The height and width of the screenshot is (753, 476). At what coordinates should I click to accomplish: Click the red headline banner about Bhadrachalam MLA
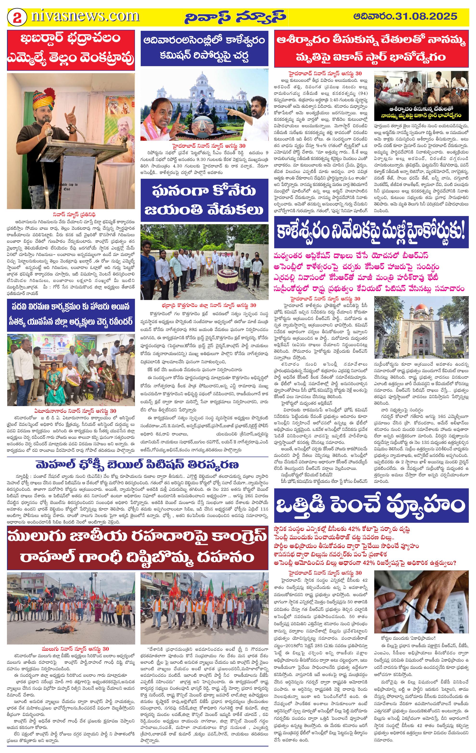[71, 50]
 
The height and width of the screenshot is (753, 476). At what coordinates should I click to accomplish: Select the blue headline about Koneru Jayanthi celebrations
[204, 200]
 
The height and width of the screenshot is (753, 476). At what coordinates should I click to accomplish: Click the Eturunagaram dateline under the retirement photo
[75, 411]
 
